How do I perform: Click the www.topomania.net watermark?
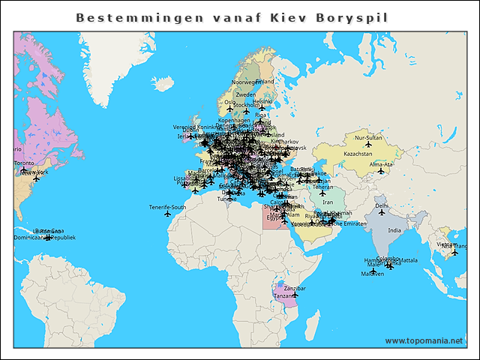click(x=424, y=341)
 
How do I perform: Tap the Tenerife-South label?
click(x=167, y=207)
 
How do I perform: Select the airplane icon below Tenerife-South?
click(x=167, y=214)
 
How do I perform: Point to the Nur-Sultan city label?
click(x=368, y=139)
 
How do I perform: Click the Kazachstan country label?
click(x=358, y=153)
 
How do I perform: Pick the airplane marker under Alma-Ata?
click(x=381, y=171)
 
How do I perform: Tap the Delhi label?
click(x=382, y=205)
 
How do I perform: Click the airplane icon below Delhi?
click(x=382, y=212)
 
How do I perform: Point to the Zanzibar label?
click(x=295, y=288)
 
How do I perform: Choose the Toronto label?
click(x=24, y=163)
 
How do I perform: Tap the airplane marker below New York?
click(x=36, y=178)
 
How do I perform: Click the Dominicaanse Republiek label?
click(x=45, y=238)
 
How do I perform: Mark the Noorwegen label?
click(x=244, y=82)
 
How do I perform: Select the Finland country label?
click(x=265, y=81)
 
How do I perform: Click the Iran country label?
click(x=327, y=202)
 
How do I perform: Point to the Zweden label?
click(x=245, y=95)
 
